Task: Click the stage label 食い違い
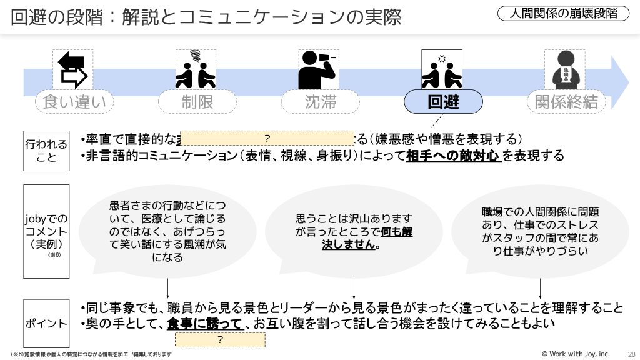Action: click(x=74, y=102)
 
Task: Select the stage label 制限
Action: click(x=197, y=102)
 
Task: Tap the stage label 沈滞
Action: click(x=320, y=102)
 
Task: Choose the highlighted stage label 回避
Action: click(x=443, y=102)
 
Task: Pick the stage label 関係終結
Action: click(x=566, y=102)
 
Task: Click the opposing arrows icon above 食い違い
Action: click(x=72, y=70)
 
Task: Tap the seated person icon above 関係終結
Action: click(x=566, y=70)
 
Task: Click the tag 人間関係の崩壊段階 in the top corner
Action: click(x=564, y=13)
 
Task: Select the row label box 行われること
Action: click(x=46, y=151)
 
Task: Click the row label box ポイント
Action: click(x=46, y=324)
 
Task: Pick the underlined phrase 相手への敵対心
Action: click(x=454, y=156)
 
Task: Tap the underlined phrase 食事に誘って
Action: click(x=205, y=324)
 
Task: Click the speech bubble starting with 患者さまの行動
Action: click(x=167, y=231)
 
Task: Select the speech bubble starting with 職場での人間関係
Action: click(x=540, y=231)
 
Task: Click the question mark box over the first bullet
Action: click(x=268, y=138)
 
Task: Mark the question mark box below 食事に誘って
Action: click(x=220, y=339)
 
